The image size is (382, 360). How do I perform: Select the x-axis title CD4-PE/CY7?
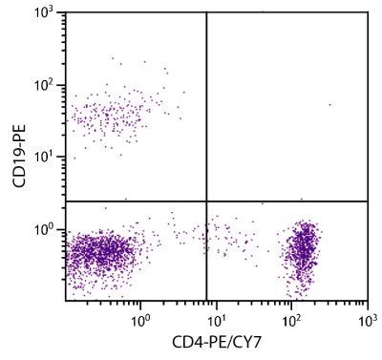click(217, 342)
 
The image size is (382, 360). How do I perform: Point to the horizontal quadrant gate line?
click(286, 201)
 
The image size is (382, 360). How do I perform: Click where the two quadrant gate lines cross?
click(207, 201)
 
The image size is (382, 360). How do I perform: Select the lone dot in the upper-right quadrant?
click(329, 105)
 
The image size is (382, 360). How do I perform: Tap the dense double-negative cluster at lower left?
click(100, 254)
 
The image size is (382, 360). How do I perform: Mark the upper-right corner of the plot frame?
click(368, 12)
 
